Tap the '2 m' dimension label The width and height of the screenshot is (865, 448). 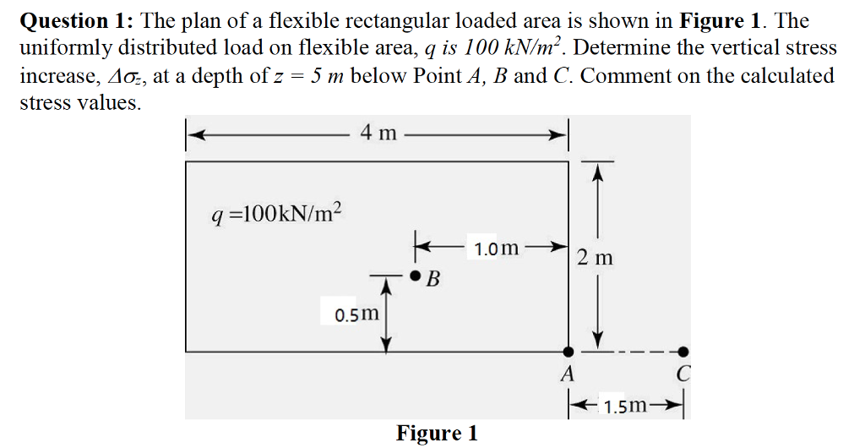click(596, 257)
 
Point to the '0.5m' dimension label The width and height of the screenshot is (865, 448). click(357, 315)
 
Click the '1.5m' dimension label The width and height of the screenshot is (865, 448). click(628, 407)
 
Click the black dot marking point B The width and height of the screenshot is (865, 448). click(415, 276)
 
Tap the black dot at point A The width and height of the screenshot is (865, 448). click(569, 351)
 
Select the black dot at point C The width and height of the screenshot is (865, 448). click(683, 351)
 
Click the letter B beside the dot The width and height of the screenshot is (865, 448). click(433, 280)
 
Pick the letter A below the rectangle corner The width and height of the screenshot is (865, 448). click(568, 373)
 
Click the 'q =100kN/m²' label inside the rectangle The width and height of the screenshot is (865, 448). click(277, 213)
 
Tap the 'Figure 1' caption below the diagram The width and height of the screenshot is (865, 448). click(437, 434)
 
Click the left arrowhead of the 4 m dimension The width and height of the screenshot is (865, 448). click(193, 133)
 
